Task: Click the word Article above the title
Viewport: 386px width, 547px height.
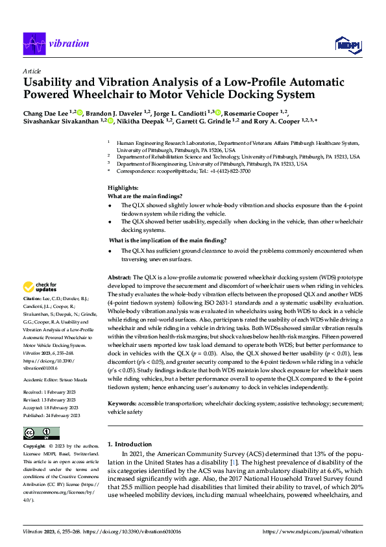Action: (x=32, y=71)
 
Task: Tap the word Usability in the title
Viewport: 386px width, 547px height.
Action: (x=49, y=83)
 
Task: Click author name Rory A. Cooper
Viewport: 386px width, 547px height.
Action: (x=267, y=121)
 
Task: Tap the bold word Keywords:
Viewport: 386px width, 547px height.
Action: (x=123, y=403)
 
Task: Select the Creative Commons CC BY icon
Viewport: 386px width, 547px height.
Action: (x=41, y=433)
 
